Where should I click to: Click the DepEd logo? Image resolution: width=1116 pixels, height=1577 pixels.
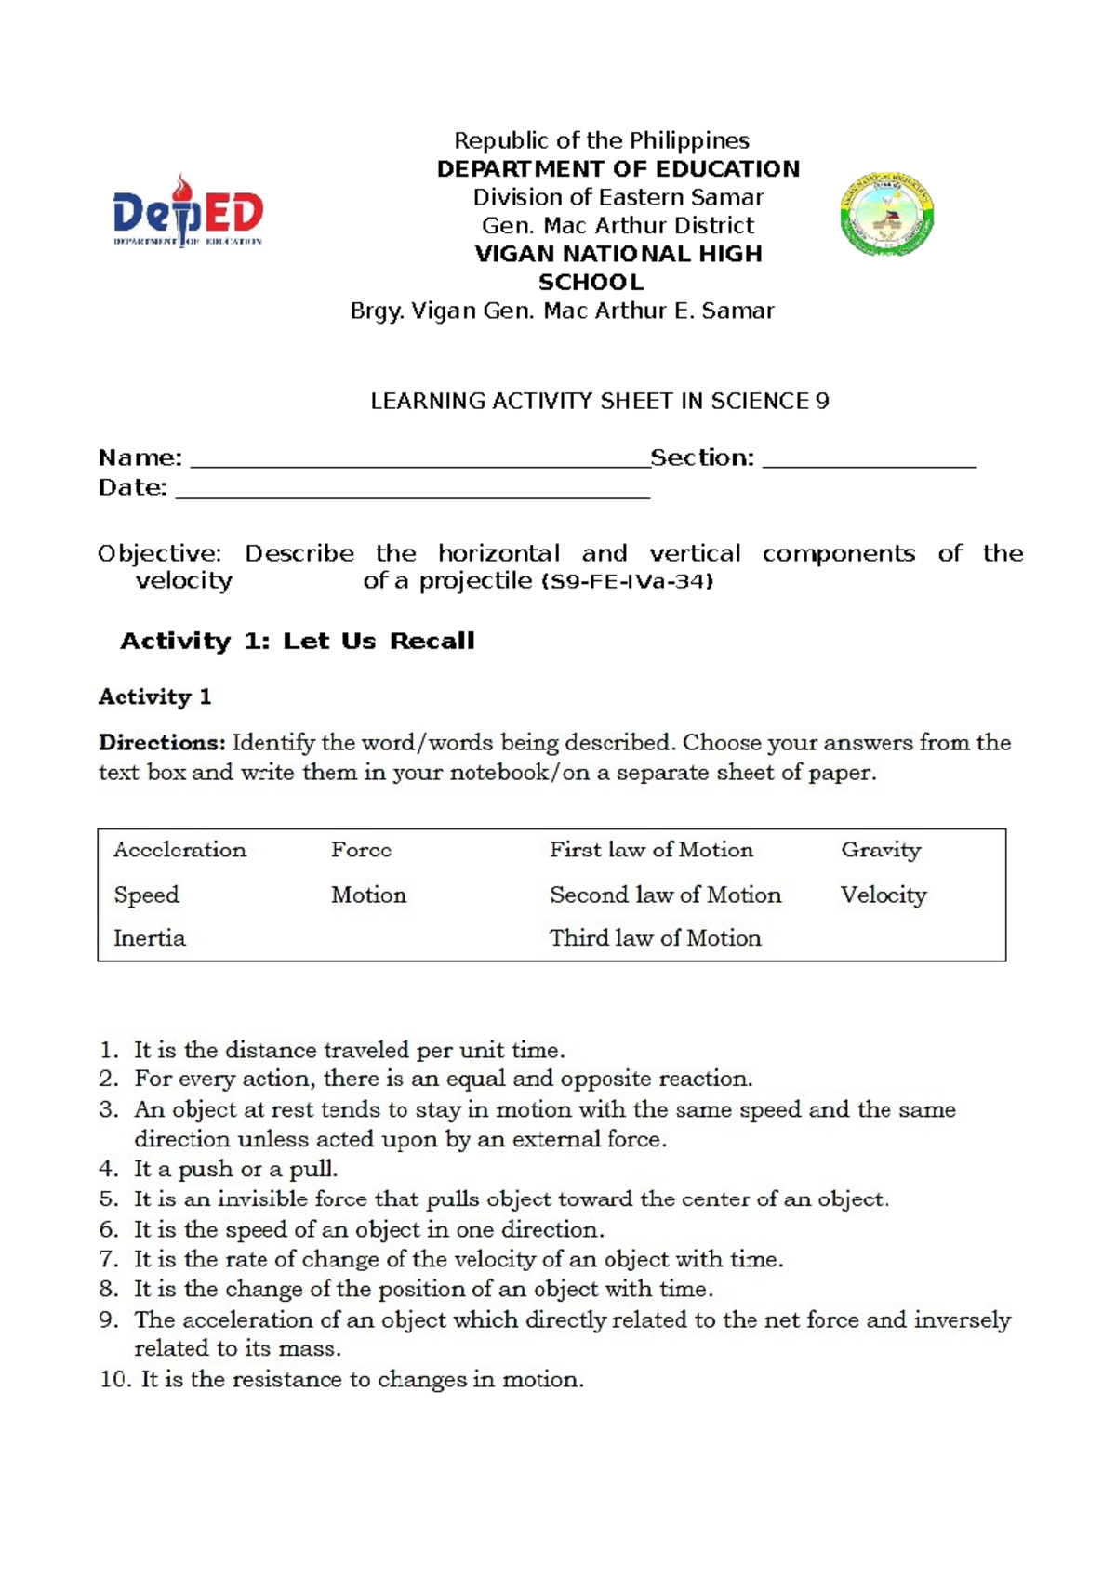[x=188, y=212]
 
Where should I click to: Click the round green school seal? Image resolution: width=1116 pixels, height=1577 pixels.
[x=886, y=214]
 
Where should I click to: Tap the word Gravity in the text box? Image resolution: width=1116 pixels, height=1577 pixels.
[x=881, y=850]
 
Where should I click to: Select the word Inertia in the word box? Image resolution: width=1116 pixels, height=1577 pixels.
[x=150, y=938]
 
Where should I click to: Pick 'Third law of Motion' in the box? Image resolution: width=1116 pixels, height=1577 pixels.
[x=655, y=938]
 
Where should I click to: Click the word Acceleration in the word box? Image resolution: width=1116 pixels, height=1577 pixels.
[x=179, y=850]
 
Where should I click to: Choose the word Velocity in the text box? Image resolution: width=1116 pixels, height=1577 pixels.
[x=883, y=895]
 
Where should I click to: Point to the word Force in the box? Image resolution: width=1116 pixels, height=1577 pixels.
[x=361, y=850]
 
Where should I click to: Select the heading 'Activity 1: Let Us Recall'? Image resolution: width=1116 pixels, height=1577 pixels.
[x=298, y=641]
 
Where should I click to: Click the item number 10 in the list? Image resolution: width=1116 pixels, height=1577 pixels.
[x=114, y=1379]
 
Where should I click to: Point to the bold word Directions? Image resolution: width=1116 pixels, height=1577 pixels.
[x=162, y=743]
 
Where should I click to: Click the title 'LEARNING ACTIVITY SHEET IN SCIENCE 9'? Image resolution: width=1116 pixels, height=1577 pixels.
[x=599, y=402]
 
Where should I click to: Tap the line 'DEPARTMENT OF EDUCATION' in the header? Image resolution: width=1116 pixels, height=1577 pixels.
[x=618, y=169]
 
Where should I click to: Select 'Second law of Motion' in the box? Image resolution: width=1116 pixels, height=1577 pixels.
[x=665, y=895]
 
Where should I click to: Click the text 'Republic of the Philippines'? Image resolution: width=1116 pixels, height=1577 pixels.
[x=601, y=140]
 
